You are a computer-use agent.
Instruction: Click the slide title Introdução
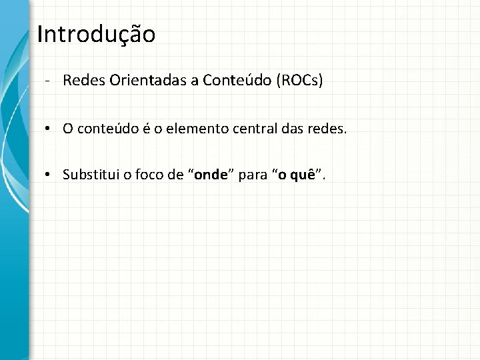96,34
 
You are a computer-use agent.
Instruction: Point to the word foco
145,175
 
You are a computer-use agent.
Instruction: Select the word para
254,175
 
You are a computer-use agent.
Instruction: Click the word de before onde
176,175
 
